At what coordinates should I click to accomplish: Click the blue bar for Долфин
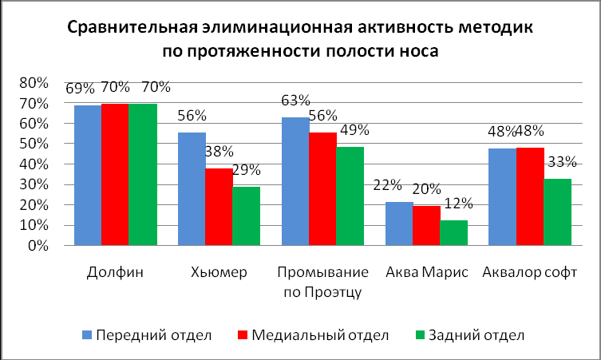click(x=88, y=175)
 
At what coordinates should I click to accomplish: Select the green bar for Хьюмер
click(x=247, y=216)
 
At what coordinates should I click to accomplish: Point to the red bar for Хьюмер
click(x=219, y=207)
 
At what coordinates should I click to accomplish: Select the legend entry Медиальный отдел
click(x=311, y=334)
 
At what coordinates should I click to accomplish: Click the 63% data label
click(x=296, y=101)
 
